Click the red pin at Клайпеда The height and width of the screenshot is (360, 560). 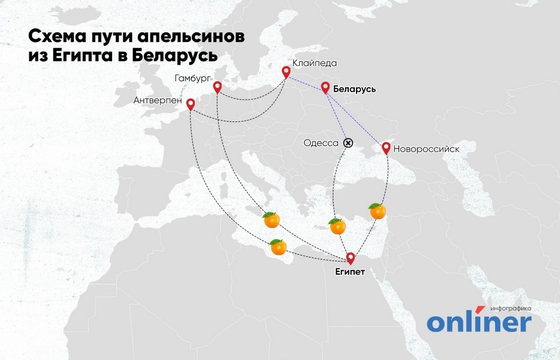285,71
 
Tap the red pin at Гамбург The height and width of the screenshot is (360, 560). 217,86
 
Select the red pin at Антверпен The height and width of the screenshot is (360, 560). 190,104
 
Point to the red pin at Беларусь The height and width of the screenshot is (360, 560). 325,87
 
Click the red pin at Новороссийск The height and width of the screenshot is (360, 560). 386,147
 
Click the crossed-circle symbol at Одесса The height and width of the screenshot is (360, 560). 348,143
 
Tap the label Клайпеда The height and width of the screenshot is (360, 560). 314,63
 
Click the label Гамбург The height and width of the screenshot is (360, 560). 192,78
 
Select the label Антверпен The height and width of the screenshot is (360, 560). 157,101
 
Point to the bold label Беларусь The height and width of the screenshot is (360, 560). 354,89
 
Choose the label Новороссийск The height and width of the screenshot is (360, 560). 426,148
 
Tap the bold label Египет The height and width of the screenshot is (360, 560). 351,271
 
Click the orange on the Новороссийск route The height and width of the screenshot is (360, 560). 377,211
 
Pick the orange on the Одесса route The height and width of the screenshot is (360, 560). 337,226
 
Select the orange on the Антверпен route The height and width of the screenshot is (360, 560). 278,247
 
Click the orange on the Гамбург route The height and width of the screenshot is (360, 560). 271,220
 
